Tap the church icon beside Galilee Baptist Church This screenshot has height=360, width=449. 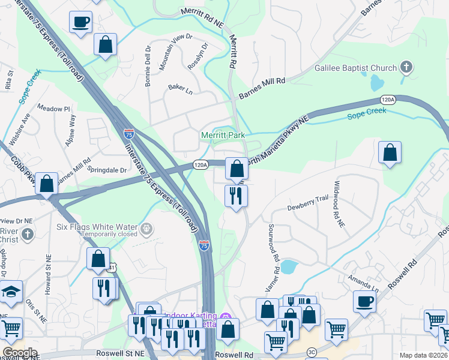point(406,67)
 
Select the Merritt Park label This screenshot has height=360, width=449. point(222,136)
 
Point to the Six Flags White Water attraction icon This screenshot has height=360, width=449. point(146,229)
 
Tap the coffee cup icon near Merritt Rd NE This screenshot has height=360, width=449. point(81,23)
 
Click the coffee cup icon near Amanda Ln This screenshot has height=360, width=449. point(364,301)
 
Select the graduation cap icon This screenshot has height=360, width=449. point(10,292)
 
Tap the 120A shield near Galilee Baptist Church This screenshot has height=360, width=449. point(387,100)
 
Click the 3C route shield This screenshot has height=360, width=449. point(311,353)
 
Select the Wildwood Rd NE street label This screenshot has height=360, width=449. point(339,204)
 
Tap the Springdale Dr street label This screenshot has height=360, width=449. point(107,170)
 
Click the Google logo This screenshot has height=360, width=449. point(20,352)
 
